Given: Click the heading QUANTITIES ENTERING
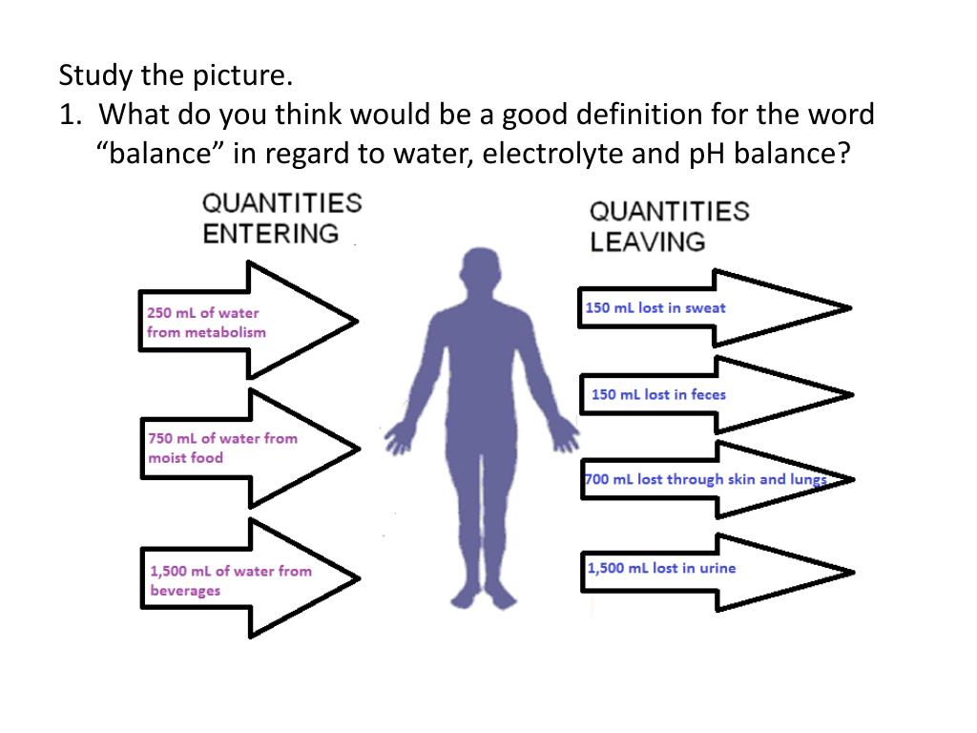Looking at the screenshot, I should click(x=281, y=218).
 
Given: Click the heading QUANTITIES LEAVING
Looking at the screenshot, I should click(x=669, y=226).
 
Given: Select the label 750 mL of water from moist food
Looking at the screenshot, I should click(x=222, y=448).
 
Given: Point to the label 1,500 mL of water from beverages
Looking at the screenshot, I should click(x=230, y=580).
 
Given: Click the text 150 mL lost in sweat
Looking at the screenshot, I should click(x=655, y=307).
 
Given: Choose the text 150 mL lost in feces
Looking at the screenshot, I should click(x=658, y=394).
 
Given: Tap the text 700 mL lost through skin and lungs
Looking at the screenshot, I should click(x=705, y=479).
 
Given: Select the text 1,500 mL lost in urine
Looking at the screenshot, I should click(x=661, y=568).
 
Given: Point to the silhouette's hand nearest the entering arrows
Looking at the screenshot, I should click(x=397, y=438).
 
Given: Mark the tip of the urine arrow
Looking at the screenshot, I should click(x=851, y=573).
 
